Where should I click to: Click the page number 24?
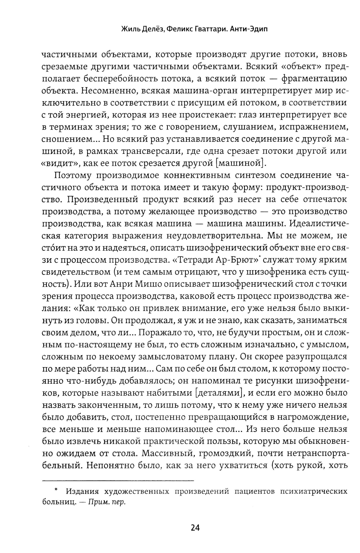(195, 528)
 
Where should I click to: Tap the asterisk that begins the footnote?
(56, 490)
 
